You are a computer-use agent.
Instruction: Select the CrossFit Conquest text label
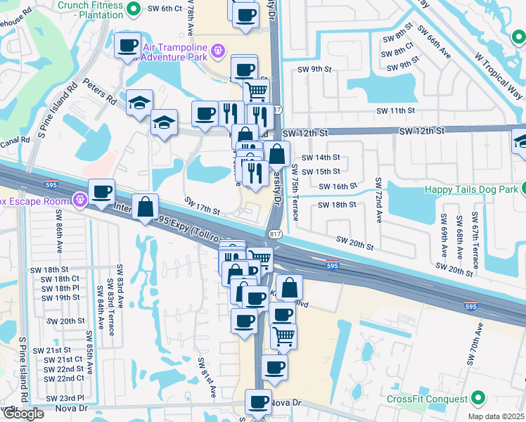(428, 399)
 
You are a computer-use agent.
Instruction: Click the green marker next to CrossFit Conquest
(478, 399)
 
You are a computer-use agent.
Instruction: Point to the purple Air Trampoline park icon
(219, 49)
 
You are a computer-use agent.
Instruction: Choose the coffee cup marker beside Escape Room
(102, 192)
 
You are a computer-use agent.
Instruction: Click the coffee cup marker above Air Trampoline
(127, 46)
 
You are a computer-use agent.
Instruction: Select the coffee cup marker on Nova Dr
(258, 402)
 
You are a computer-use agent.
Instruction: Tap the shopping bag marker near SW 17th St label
(145, 207)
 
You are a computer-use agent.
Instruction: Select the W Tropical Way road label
(499, 73)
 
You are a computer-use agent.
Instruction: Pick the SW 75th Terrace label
(295, 193)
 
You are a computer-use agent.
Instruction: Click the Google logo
(23, 414)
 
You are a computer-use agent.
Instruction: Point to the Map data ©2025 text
(496, 416)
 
